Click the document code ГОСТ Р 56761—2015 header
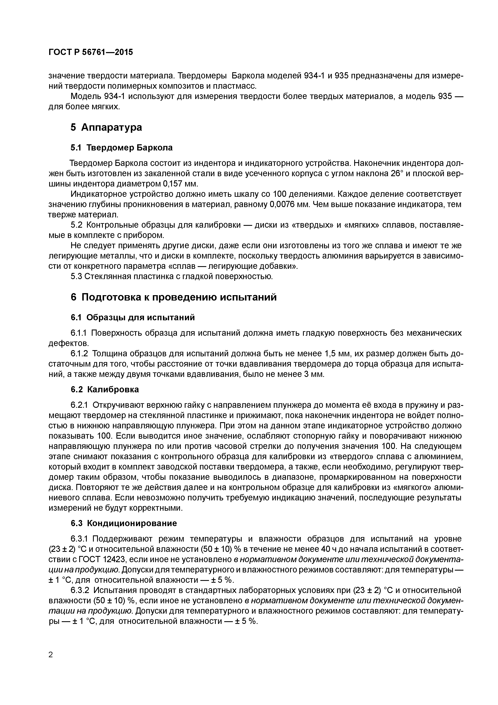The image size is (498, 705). [91, 52]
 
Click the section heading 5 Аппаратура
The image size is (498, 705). [106, 127]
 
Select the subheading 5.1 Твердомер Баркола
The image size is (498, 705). [122, 148]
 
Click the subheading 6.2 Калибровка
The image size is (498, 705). [105, 389]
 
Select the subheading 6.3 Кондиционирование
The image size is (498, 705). [124, 523]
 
